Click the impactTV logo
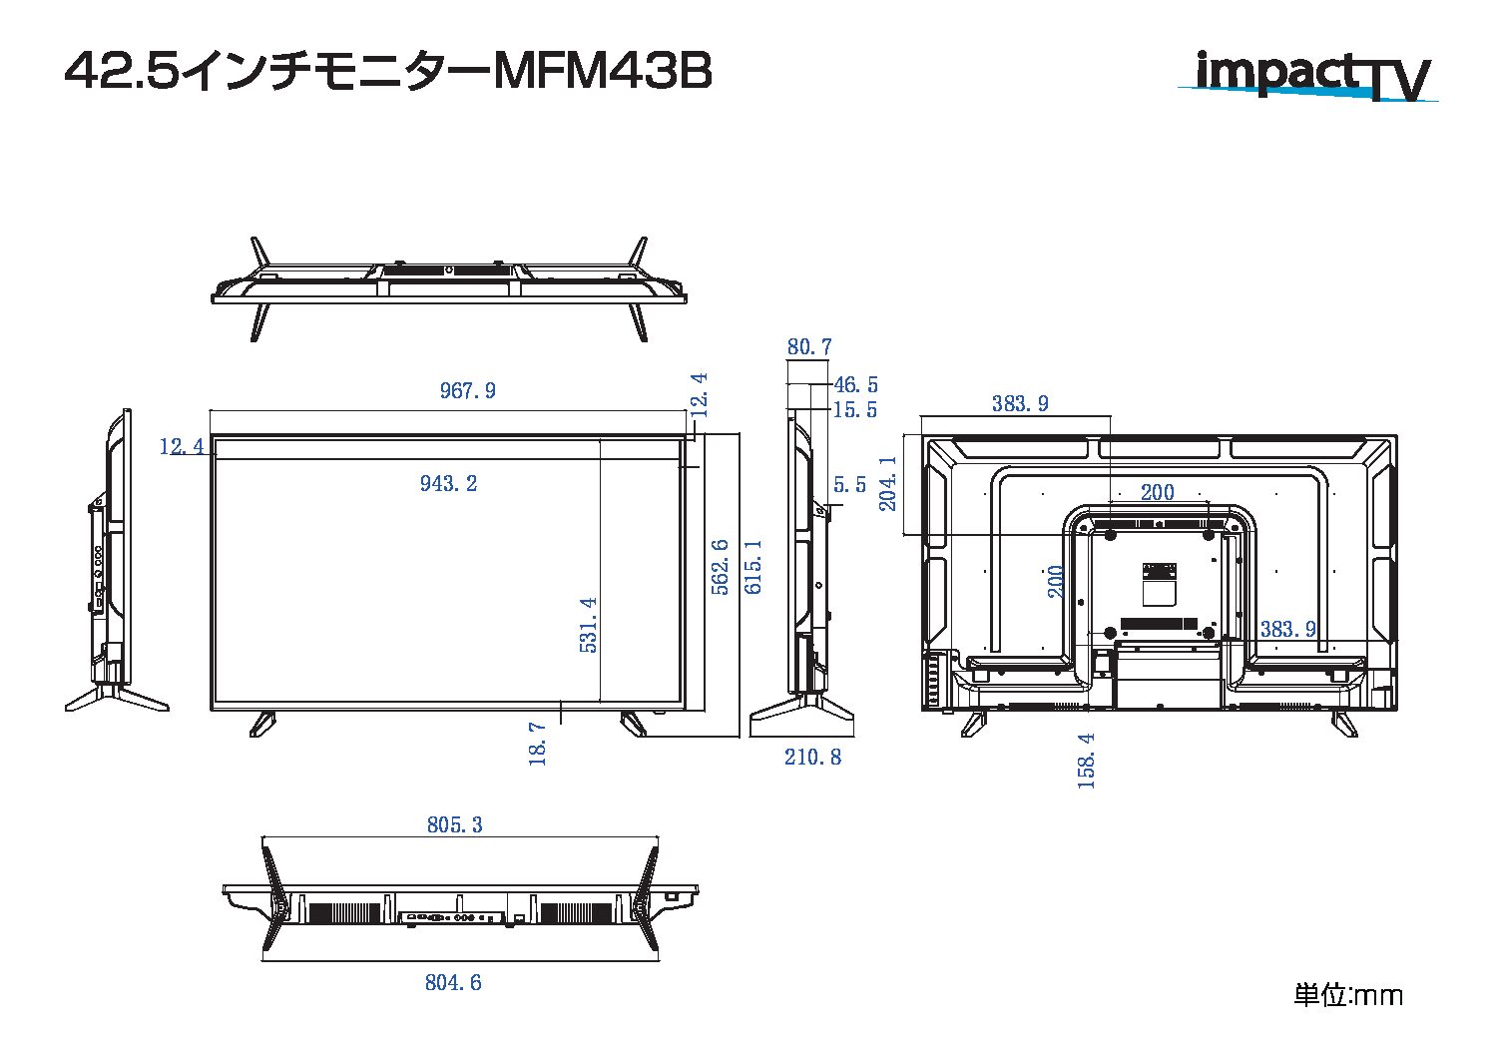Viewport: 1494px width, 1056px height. coord(1307,76)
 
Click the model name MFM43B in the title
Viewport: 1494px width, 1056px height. coord(603,73)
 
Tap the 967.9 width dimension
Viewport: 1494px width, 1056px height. coord(467,391)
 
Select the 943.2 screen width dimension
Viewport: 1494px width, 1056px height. coord(448,484)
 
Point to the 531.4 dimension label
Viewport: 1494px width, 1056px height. coord(589,625)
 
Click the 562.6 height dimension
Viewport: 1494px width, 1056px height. coord(720,567)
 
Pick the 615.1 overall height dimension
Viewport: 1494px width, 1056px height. coord(753,567)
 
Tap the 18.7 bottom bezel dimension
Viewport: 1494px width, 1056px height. coord(538,744)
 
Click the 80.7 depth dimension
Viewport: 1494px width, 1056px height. coord(808,347)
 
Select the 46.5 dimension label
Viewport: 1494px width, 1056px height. coord(855,385)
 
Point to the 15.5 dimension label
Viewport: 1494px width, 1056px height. coord(854,410)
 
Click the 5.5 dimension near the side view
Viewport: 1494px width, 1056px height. coord(849,486)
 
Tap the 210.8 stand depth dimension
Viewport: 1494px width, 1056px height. coord(812,758)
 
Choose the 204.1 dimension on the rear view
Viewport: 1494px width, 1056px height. coord(887,484)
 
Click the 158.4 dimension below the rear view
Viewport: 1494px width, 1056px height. coord(1087,761)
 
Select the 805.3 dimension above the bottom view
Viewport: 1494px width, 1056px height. coord(454,825)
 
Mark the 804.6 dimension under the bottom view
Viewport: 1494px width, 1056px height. coord(453,983)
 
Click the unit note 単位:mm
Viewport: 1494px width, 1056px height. coord(1348,995)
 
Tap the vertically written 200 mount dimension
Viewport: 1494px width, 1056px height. coord(1057,581)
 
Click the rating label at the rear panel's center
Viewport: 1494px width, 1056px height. coord(1159,583)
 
